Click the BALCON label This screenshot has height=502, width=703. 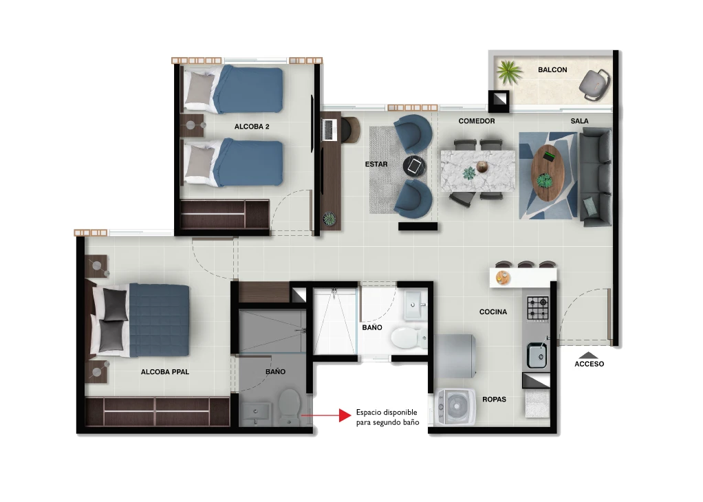pyautogui.click(x=552, y=70)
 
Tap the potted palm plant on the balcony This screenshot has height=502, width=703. pyautogui.click(x=509, y=72)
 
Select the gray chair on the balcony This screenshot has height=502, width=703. pyautogui.click(x=594, y=84)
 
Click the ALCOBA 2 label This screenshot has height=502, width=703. pyautogui.click(x=252, y=127)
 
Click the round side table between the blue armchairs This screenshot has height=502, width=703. pyautogui.click(x=414, y=166)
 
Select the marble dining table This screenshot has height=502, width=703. pyautogui.click(x=478, y=171)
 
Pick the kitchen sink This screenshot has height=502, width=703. pyautogui.click(x=537, y=355)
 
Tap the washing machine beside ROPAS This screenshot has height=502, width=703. pyautogui.click(x=456, y=407)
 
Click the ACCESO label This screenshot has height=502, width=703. pyautogui.click(x=589, y=364)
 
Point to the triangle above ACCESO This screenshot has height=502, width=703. pyautogui.click(x=589, y=355)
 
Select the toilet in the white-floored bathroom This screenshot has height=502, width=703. pyautogui.click(x=409, y=338)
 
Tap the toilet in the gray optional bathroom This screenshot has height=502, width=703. pyautogui.click(x=289, y=407)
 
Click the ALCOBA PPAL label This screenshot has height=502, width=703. pyautogui.click(x=165, y=372)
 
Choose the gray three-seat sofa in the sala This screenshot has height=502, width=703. pyautogui.click(x=596, y=177)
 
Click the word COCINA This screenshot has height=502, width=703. pyautogui.click(x=493, y=312)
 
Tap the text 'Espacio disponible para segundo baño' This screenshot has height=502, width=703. pyautogui.click(x=388, y=417)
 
